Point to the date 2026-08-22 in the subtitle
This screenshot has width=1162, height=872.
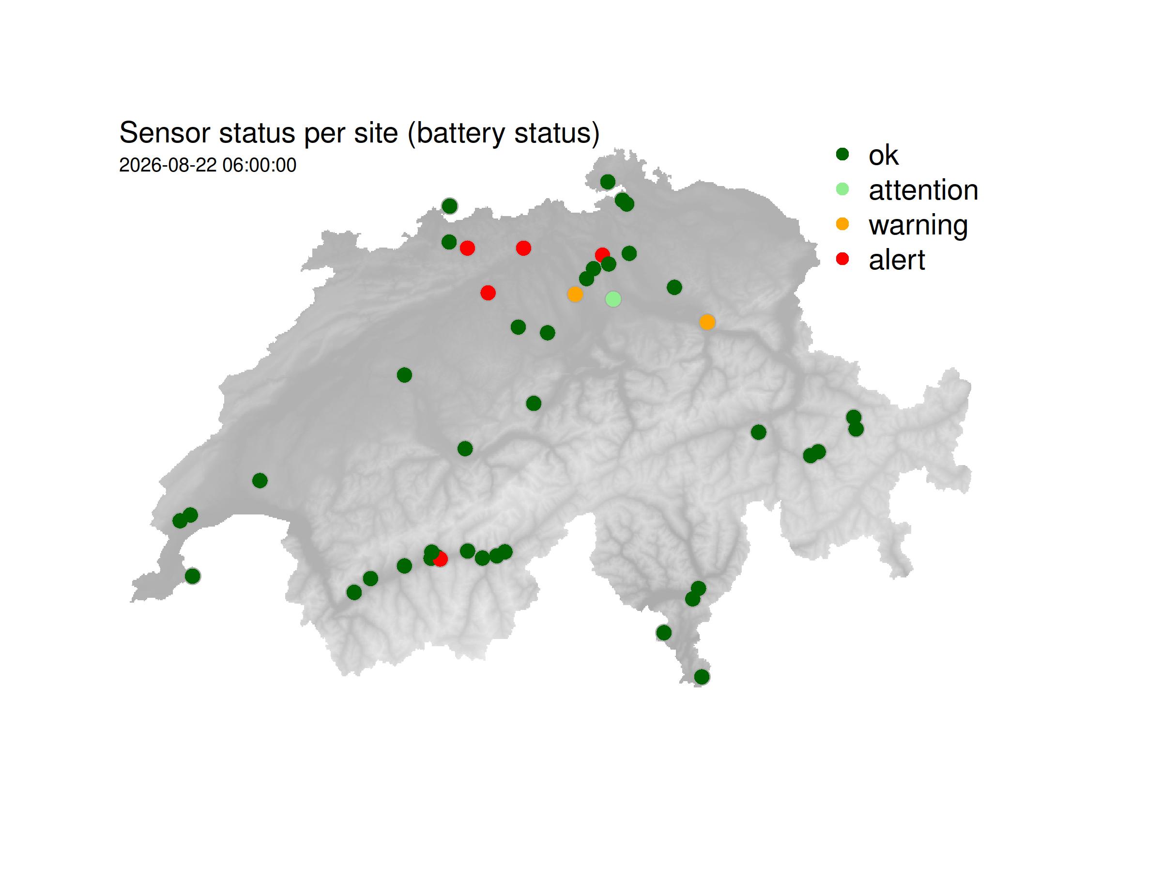[x=168, y=165]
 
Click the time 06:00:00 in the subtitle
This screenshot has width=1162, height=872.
[x=259, y=165]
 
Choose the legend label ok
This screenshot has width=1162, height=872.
[x=883, y=155]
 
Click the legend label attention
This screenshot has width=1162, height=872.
[x=923, y=190]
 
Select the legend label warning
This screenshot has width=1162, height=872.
[x=917, y=225]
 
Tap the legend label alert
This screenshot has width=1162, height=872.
[x=896, y=260]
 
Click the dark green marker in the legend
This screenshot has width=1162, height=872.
[x=842, y=154]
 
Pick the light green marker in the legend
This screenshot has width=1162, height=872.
[x=842, y=189]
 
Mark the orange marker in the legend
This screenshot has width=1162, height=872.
[x=842, y=224]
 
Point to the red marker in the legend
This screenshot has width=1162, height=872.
[x=842, y=259]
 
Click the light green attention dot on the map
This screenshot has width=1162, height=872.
[x=613, y=299]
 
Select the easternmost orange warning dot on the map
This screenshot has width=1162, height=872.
[x=707, y=322]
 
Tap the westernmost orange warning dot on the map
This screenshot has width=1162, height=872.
[x=575, y=295]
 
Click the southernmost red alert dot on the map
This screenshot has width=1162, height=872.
[x=440, y=559]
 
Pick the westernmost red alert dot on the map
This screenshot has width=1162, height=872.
[x=467, y=248]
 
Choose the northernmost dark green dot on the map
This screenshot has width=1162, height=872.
[x=607, y=182]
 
